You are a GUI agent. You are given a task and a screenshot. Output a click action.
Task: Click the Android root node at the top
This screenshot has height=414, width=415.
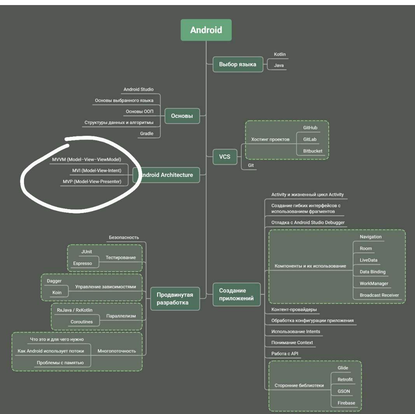pos(206,30)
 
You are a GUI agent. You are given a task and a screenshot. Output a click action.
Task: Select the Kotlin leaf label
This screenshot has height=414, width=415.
pos(280,54)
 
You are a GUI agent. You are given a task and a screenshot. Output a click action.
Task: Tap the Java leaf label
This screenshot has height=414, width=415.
pos(278,66)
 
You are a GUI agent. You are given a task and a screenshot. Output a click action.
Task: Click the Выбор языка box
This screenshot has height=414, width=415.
pos(237,64)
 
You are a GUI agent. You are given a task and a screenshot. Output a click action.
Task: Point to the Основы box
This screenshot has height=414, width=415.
pos(182,116)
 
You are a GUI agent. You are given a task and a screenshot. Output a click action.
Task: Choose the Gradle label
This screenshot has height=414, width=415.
pos(147,133)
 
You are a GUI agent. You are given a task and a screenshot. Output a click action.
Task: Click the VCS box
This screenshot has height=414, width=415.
pos(225,157)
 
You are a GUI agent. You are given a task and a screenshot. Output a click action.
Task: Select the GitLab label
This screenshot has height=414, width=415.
pos(310,139)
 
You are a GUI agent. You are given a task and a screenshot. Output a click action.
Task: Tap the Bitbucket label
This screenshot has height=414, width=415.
pos(313,151)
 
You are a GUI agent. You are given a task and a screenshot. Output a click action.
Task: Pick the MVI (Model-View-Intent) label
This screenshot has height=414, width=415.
pos(97,170)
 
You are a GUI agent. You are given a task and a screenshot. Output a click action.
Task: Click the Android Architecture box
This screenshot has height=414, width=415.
pos(166,175)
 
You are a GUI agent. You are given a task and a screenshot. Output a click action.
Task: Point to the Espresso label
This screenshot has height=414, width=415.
pos(82,263)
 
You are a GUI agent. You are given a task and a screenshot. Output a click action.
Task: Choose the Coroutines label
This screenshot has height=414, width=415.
pos(81,322)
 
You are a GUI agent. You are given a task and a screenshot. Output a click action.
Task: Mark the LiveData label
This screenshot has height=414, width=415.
pos(368,260)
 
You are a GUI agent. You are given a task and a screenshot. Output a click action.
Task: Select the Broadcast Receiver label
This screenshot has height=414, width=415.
pos(379,295)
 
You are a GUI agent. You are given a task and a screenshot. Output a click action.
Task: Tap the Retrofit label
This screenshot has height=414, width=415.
pos(345,379)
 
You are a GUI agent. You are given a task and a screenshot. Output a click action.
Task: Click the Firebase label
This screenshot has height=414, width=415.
pos(346,403)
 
